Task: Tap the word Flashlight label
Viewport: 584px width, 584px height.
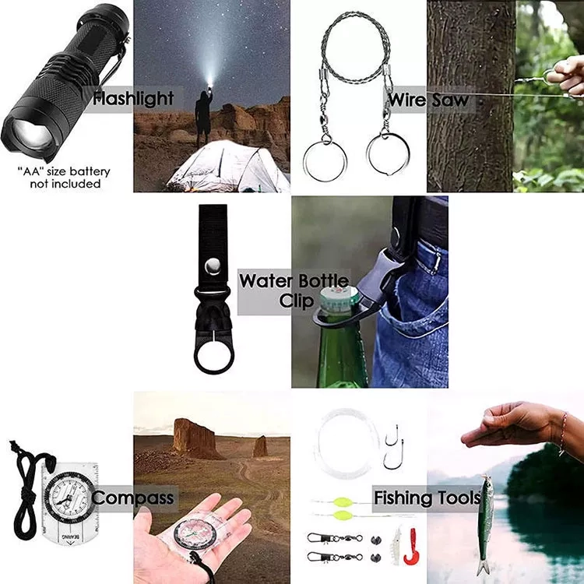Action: pyautogui.click(x=133, y=99)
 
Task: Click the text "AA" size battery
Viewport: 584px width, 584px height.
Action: pyautogui.click(x=64, y=172)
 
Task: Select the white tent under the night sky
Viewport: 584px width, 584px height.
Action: pyautogui.click(x=228, y=167)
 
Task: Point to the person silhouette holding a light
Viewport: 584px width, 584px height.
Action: pyautogui.click(x=203, y=115)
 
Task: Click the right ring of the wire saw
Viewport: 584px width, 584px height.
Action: pyautogui.click(x=388, y=153)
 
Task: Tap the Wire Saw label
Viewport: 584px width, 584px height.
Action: pyautogui.click(x=428, y=100)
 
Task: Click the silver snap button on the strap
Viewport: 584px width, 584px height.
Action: pyautogui.click(x=213, y=266)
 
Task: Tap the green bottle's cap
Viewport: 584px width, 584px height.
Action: pyautogui.click(x=339, y=299)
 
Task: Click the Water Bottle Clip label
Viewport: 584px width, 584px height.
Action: pyautogui.click(x=294, y=291)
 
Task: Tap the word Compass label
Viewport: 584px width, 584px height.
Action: pyautogui.click(x=132, y=498)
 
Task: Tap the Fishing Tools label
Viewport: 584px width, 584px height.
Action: pyautogui.click(x=427, y=498)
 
